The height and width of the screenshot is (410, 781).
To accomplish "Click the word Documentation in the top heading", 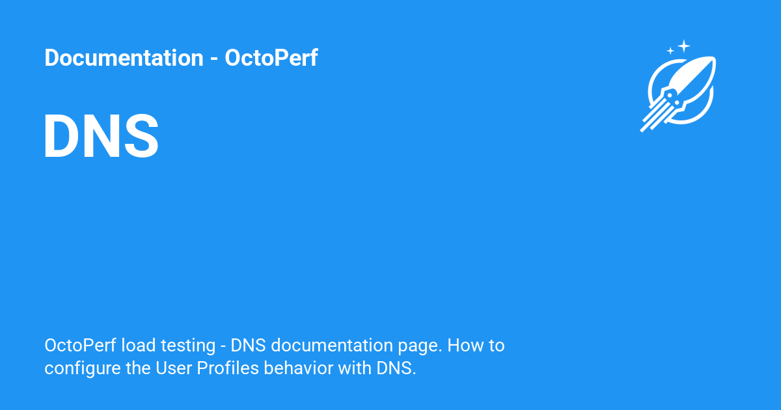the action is pyautogui.click(x=124, y=57).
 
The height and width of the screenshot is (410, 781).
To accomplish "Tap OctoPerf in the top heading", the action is pyautogui.click(x=271, y=57).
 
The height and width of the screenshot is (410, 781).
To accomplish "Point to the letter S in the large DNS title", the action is pyautogui.click(x=142, y=135).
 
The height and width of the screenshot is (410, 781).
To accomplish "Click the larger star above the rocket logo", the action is pyautogui.click(x=684, y=46).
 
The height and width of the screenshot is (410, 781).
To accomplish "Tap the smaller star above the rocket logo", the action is pyautogui.click(x=670, y=51).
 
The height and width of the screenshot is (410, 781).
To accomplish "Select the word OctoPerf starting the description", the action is pyautogui.click(x=81, y=346).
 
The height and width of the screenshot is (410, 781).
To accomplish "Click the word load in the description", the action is pyautogui.click(x=139, y=346).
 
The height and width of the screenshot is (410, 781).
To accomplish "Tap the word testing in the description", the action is pyautogui.click(x=188, y=346).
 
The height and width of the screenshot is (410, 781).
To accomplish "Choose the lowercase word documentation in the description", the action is pyautogui.click(x=332, y=346).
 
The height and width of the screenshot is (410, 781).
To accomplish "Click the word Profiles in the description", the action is pyautogui.click(x=228, y=368).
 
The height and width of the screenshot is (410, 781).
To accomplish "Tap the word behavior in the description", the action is pyautogui.click(x=299, y=368).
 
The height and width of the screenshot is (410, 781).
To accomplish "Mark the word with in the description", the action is pyautogui.click(x=355, y=368).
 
